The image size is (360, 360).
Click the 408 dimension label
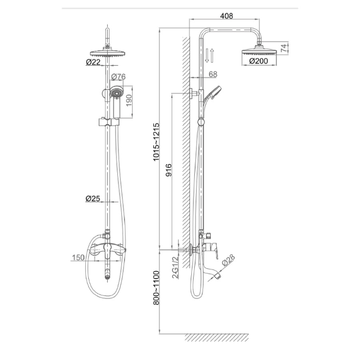tap(226, 16)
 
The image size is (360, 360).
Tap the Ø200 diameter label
tap(259, 61)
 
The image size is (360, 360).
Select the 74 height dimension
tap(284, 47)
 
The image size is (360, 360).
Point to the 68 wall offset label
tap(213, 74)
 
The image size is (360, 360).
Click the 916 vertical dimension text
tap(169, 170)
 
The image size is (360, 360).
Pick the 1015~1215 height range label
tap(156, 142)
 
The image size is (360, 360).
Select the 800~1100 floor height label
tap(156, 288)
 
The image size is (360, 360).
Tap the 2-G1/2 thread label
tap(176, 267)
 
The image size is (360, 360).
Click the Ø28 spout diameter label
tap(228, 260)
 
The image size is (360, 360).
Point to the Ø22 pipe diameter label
tap(93, 62)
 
